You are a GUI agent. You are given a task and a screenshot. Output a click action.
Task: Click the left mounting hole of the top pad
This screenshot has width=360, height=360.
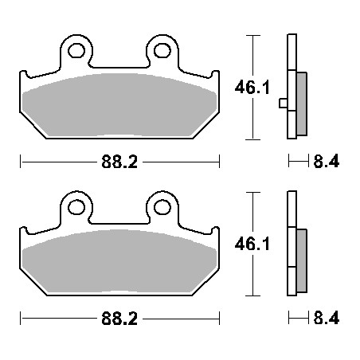pos(76,50)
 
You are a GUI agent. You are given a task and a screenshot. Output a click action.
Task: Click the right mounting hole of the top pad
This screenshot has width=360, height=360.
pos(162,50)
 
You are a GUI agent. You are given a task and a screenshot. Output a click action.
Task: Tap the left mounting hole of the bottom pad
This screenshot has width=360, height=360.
pos(76,207)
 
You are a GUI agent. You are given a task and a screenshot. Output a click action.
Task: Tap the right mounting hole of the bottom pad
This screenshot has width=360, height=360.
pos(162,207)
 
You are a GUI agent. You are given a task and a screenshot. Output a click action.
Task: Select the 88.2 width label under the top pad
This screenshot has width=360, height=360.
pos(119,162)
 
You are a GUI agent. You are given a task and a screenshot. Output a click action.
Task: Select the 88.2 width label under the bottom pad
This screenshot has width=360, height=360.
pos(119,319)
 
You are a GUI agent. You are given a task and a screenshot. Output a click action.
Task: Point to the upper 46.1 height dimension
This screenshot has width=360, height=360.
pos(252,88)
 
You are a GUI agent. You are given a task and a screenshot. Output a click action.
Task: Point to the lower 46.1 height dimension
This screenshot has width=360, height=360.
pos(252,244)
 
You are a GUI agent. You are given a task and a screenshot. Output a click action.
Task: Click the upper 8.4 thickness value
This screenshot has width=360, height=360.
pos(327,161)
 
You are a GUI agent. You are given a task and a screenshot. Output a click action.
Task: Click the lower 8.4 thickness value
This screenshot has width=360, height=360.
pos(327,318)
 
